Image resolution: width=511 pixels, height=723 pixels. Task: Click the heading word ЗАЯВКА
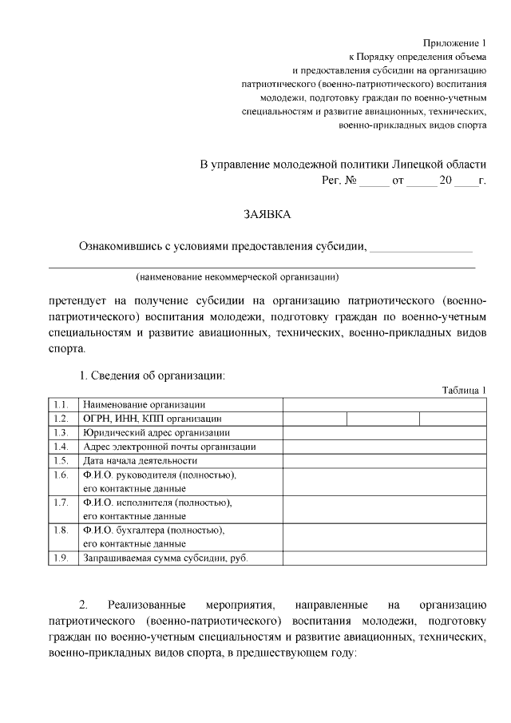point(267,214)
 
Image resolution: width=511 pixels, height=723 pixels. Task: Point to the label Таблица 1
point(464,390)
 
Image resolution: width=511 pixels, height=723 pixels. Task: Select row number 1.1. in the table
point(61,404)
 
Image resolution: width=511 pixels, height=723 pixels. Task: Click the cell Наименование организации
point(144,404)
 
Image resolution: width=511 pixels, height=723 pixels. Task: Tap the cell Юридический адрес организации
point(151,432)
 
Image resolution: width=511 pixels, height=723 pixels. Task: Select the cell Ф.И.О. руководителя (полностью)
point(159,475)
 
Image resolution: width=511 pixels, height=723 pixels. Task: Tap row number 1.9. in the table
point(61,558)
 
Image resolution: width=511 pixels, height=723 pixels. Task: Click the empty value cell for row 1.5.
point(384,460)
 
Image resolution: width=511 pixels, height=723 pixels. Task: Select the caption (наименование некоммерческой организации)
point(237,277)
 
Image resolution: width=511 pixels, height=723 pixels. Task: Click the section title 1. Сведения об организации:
point(152,375)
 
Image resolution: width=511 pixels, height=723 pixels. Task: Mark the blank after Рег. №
point(373,181)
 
